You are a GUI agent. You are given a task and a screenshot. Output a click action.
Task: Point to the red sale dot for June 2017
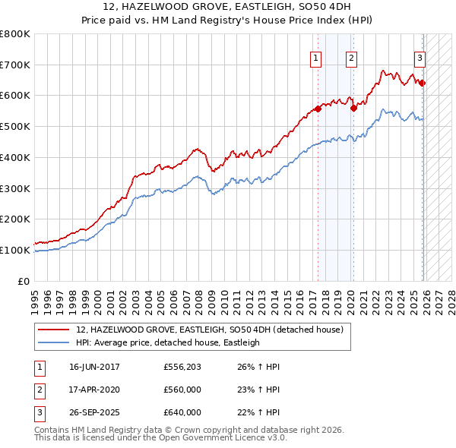pyautogui.click(x=318, y=109)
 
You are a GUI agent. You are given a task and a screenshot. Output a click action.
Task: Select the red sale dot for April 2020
pyautogui.click(x=353, y=108)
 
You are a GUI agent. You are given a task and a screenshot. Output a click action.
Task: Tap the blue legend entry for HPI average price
pyautogui.click(x=168, y=342)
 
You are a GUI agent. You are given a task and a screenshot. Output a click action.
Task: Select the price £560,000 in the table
pyautogui.click(x=182, y=390)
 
